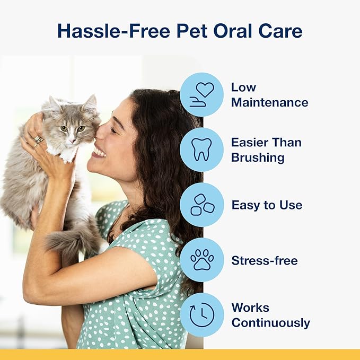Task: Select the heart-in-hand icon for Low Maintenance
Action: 201,94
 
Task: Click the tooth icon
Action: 201,150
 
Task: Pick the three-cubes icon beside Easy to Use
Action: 201,205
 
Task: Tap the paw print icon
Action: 201,260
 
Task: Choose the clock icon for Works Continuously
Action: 201,315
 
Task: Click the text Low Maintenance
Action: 269,94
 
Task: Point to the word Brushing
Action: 258,157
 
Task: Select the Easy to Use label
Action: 267,205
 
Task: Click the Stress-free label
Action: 264,260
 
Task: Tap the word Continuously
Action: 270,323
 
